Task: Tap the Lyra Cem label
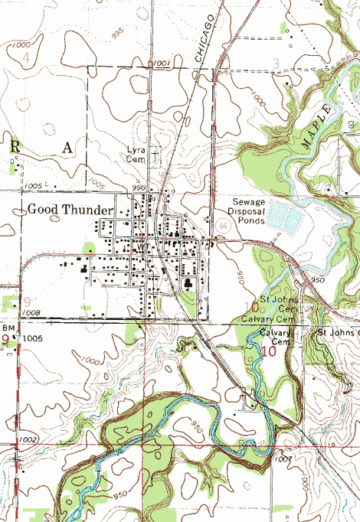(x=136, y=155)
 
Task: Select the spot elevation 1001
(x=162, y=63)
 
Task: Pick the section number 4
(x=28, y=58)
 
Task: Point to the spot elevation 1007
(x=281, y=458)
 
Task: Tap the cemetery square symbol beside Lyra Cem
(x=155, y=153)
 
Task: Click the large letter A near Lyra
(x=68, y=148)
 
